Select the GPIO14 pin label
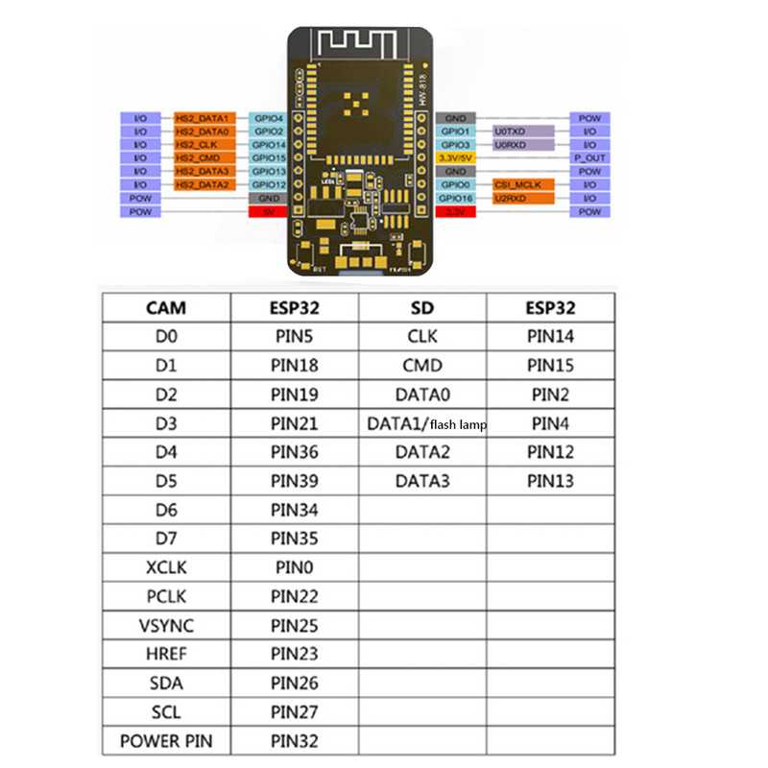[268, 144]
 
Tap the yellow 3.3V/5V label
[455, 157]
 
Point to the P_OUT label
[588, 157]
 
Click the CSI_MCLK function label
[522, 184]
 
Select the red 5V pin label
[268, 211]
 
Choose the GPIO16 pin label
[455, 198]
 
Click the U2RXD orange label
[522, 198]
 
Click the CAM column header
[166, 308]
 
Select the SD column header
[422, 308]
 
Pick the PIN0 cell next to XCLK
[294, 567]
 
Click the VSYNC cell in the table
[166, 626]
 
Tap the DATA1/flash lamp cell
[422, 423]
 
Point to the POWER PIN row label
[166, 741]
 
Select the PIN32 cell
[294, 741]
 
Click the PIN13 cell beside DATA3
[551, 481]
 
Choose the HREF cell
[166, 655]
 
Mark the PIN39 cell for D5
[294, 481]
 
